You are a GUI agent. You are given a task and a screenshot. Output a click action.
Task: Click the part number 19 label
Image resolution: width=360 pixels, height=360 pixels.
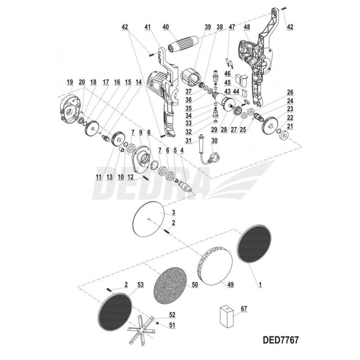click(x=69, y=82)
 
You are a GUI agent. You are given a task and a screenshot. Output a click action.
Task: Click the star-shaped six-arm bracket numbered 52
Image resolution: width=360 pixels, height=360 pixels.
click(x=140, y=333)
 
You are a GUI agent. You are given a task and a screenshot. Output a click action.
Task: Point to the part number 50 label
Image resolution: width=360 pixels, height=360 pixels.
click(x=194, y=285)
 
